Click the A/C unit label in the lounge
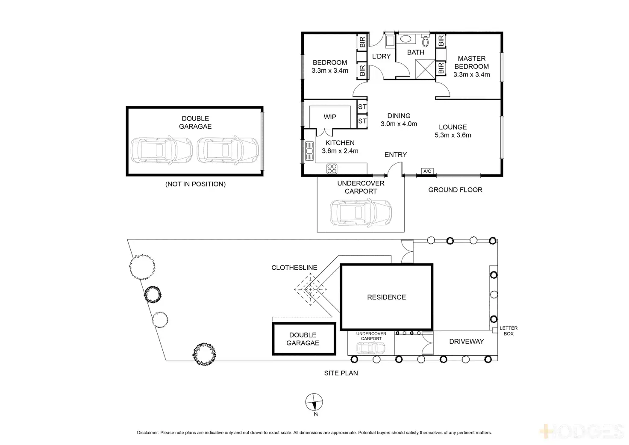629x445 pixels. pyautogui.click(x=427, y=171)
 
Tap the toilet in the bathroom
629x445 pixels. pyautogui.click(x=425, y=41)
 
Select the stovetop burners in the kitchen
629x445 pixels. pyautogui.click(x=332, y=168)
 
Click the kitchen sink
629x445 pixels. pyautogui.click(x=309, y=151)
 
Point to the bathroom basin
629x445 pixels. pyautogui.click(x=406, y=39)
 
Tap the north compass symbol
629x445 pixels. pyautogui.click(x=314, y=402)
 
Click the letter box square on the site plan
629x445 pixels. pyautogui.click(x=494, y=330)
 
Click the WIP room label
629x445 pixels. pyautogui.click(x=330, y=117)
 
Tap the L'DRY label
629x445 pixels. pyautogui.click(x=381, y=56)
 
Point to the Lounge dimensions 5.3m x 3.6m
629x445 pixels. pyautogui.click(x=453, y=135)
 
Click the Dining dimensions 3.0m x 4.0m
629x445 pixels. pyautogui.click(x=399, y=124)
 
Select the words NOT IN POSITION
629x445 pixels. pyautogui.click(x=195, y=184)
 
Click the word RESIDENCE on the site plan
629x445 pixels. pyautogui.click(x=386, y=297)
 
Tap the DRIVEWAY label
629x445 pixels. pyautogui.click(x=466, y=341)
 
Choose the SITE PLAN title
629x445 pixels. pyautogui.click(x=341, y=373)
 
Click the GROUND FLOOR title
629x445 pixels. pyautogui.click(x=455, y=190)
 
